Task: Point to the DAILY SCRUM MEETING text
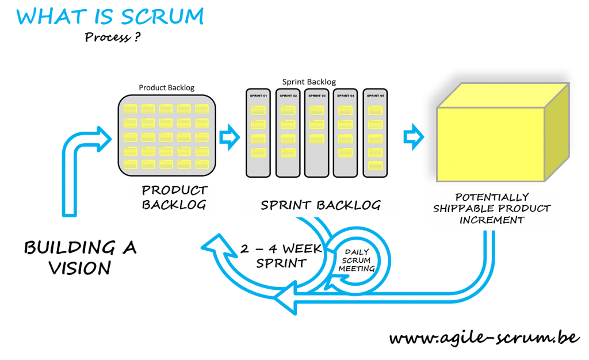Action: [357, 261]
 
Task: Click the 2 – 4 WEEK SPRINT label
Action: [274, 256]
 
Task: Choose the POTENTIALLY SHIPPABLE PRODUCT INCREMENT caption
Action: [492, 208]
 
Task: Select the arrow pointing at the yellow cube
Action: [412, 137]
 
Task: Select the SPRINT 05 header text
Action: [374, 95]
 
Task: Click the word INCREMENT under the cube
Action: [492, 219]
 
